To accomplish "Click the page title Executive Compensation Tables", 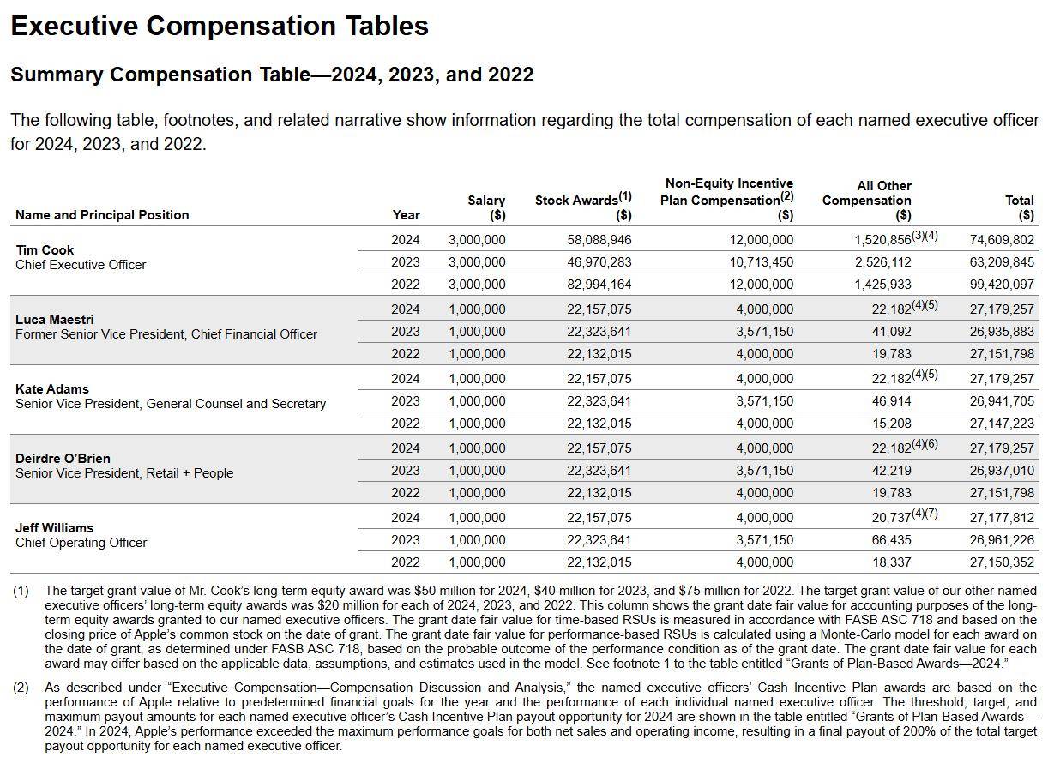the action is coord(220,26).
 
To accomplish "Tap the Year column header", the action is coord(406,214).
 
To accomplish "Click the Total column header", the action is coord(1020,207).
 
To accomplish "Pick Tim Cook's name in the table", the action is coord(45,249).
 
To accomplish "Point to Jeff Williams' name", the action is coord(54,528).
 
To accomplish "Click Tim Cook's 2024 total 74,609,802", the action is coord(1002,240).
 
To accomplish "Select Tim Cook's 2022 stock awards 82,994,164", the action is coord(599,285).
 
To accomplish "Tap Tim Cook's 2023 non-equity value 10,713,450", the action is coord(762,262).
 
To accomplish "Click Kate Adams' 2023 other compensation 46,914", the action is coord(891,401).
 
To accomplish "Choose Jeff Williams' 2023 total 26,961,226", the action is coord(1002,540).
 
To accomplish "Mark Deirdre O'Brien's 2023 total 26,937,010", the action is coord(1002,470).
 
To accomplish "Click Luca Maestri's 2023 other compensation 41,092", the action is coord(891,332).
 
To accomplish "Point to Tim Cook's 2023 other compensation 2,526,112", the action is coord(882,262).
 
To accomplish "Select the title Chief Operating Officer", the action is coord(81,543).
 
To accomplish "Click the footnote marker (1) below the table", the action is coord(21,591).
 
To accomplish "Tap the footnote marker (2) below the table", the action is coord(21,688).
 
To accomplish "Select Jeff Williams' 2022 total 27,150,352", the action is coord(1002,562).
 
